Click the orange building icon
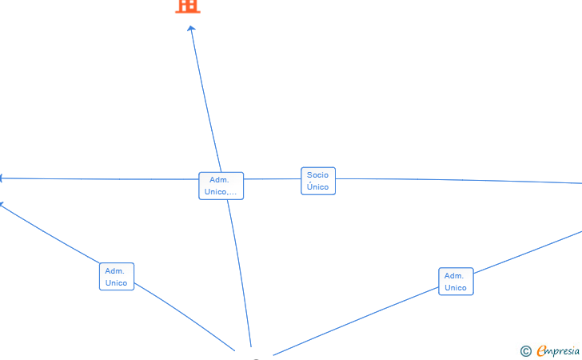tap(187, 6)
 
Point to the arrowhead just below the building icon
tap(191, 29)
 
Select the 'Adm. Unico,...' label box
tap(221, 186)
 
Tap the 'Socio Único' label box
tap(317, 181)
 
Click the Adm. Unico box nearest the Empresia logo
tap(456, 282)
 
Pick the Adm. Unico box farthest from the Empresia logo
tap(116, 277)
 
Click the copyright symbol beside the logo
tap(525, 350)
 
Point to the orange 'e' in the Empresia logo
tap(541, 350)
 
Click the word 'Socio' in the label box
tap(317, 175)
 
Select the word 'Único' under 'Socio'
tap(317, 187)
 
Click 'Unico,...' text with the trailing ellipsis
tap(221, 192)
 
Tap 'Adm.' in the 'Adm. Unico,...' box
tap(219, 180)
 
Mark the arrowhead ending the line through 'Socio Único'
tap(2, 178)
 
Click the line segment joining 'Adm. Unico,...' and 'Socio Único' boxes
tap(272, 179)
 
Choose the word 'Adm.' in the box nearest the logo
tap(455, 276)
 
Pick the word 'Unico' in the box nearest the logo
tap(456, 288)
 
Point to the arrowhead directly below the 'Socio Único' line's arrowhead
tap(2, 204)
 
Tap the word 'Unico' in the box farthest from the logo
tap(116, 283)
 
